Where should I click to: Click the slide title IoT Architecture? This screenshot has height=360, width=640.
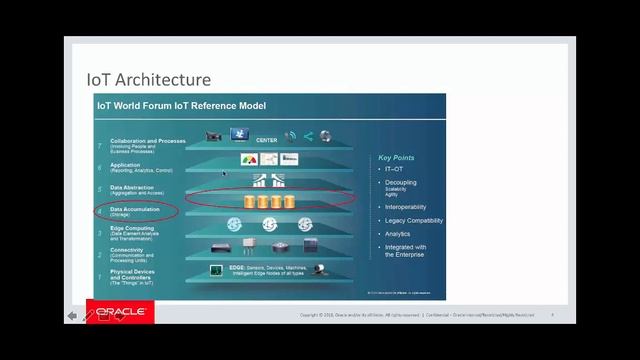(148, 79)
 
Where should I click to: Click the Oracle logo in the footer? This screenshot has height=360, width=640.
(120, 312)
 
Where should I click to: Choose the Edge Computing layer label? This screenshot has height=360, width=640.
(132, 230)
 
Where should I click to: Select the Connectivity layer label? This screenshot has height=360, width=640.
(128, 252)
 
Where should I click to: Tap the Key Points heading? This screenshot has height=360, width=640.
(396, 158)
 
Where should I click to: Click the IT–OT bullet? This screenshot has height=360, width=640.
(395, 169)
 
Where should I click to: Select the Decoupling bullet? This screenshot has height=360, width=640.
(401, 182)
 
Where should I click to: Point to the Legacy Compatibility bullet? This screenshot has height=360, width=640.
(414, 220)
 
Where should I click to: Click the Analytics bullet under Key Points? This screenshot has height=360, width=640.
(398, 234)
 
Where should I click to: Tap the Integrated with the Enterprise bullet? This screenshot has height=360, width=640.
(406, 250)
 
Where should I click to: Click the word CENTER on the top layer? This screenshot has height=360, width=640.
(267, 140)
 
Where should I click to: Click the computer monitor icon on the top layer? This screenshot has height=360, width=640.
(239, 135)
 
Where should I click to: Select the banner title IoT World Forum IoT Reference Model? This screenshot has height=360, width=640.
(179, 104)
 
